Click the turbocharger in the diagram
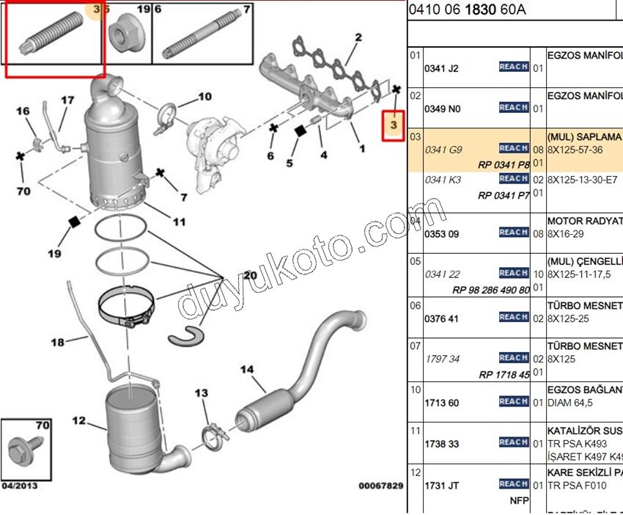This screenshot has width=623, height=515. (x=213, y=144)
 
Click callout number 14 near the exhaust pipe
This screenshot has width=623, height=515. (x=246, y=369)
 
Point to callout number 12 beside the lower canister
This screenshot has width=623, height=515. (x=79, y=421)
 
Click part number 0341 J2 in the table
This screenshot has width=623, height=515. (x=442, y=68)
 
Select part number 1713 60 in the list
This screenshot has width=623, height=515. (x=442, y=403)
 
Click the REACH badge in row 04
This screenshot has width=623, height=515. (x=513, y=232)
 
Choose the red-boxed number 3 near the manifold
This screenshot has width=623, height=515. (x=394, y=125)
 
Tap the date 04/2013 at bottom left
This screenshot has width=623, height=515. (x=20, y=486)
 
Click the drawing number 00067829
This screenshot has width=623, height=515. (x=380, y=486)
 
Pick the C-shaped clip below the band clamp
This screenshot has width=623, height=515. (x=188, y=336)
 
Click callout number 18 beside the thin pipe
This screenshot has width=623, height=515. (x=58, y=342)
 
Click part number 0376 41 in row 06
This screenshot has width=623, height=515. (x=442, y=318)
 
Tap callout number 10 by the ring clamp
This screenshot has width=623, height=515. (x=204, y=96)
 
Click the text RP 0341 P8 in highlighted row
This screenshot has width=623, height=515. (x=504, y=165)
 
